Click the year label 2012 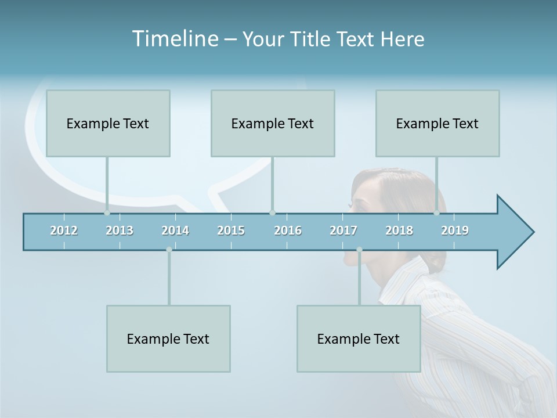click(64, 230)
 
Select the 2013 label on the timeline click(120, 230)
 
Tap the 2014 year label click(175, 230)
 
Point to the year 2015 click(231, 230)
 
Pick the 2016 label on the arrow click(288, 230)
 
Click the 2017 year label click(343, 230)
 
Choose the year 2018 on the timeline click(399, 230)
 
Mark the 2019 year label click(455, 230)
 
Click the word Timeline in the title click(174, 39)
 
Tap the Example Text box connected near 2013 click(108, 123)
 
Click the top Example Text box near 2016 click(273, 123)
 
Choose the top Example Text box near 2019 click(437, 123)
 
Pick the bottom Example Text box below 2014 click(168, 338)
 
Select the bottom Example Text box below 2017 click(359, 338)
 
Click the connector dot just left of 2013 click(107, 213)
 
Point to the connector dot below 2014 click(169, 250)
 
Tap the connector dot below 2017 click(359, 250)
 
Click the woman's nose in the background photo click(349, 204)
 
